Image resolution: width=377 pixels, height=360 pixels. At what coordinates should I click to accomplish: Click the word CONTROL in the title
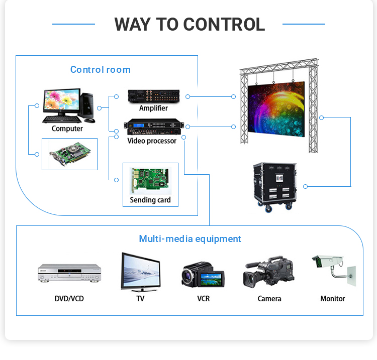point(224,24)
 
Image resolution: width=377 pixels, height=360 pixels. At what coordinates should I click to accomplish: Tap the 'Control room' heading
point(101,70)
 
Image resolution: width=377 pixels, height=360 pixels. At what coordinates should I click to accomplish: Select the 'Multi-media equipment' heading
point(190,239)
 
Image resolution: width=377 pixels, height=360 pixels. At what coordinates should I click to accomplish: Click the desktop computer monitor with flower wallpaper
point(61,101)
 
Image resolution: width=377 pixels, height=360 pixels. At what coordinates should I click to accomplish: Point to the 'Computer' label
point(67,129)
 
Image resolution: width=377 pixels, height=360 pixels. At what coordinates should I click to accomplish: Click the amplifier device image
point(153,95)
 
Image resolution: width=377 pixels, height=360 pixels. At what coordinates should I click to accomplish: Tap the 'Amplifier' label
point(153,108)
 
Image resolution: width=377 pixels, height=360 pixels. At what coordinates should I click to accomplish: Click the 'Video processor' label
point(152,141)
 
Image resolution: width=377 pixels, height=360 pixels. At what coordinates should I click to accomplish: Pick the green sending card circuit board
point(150,179)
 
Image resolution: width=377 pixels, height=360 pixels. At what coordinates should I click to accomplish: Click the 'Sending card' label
point(150,200)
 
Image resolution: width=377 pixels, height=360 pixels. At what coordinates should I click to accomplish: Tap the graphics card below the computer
point(69,154)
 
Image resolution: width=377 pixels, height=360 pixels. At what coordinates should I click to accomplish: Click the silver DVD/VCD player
point(69,273)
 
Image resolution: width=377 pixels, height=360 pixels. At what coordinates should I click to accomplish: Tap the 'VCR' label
point(204,299)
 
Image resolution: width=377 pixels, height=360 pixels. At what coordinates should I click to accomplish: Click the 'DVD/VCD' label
point(69,299)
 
